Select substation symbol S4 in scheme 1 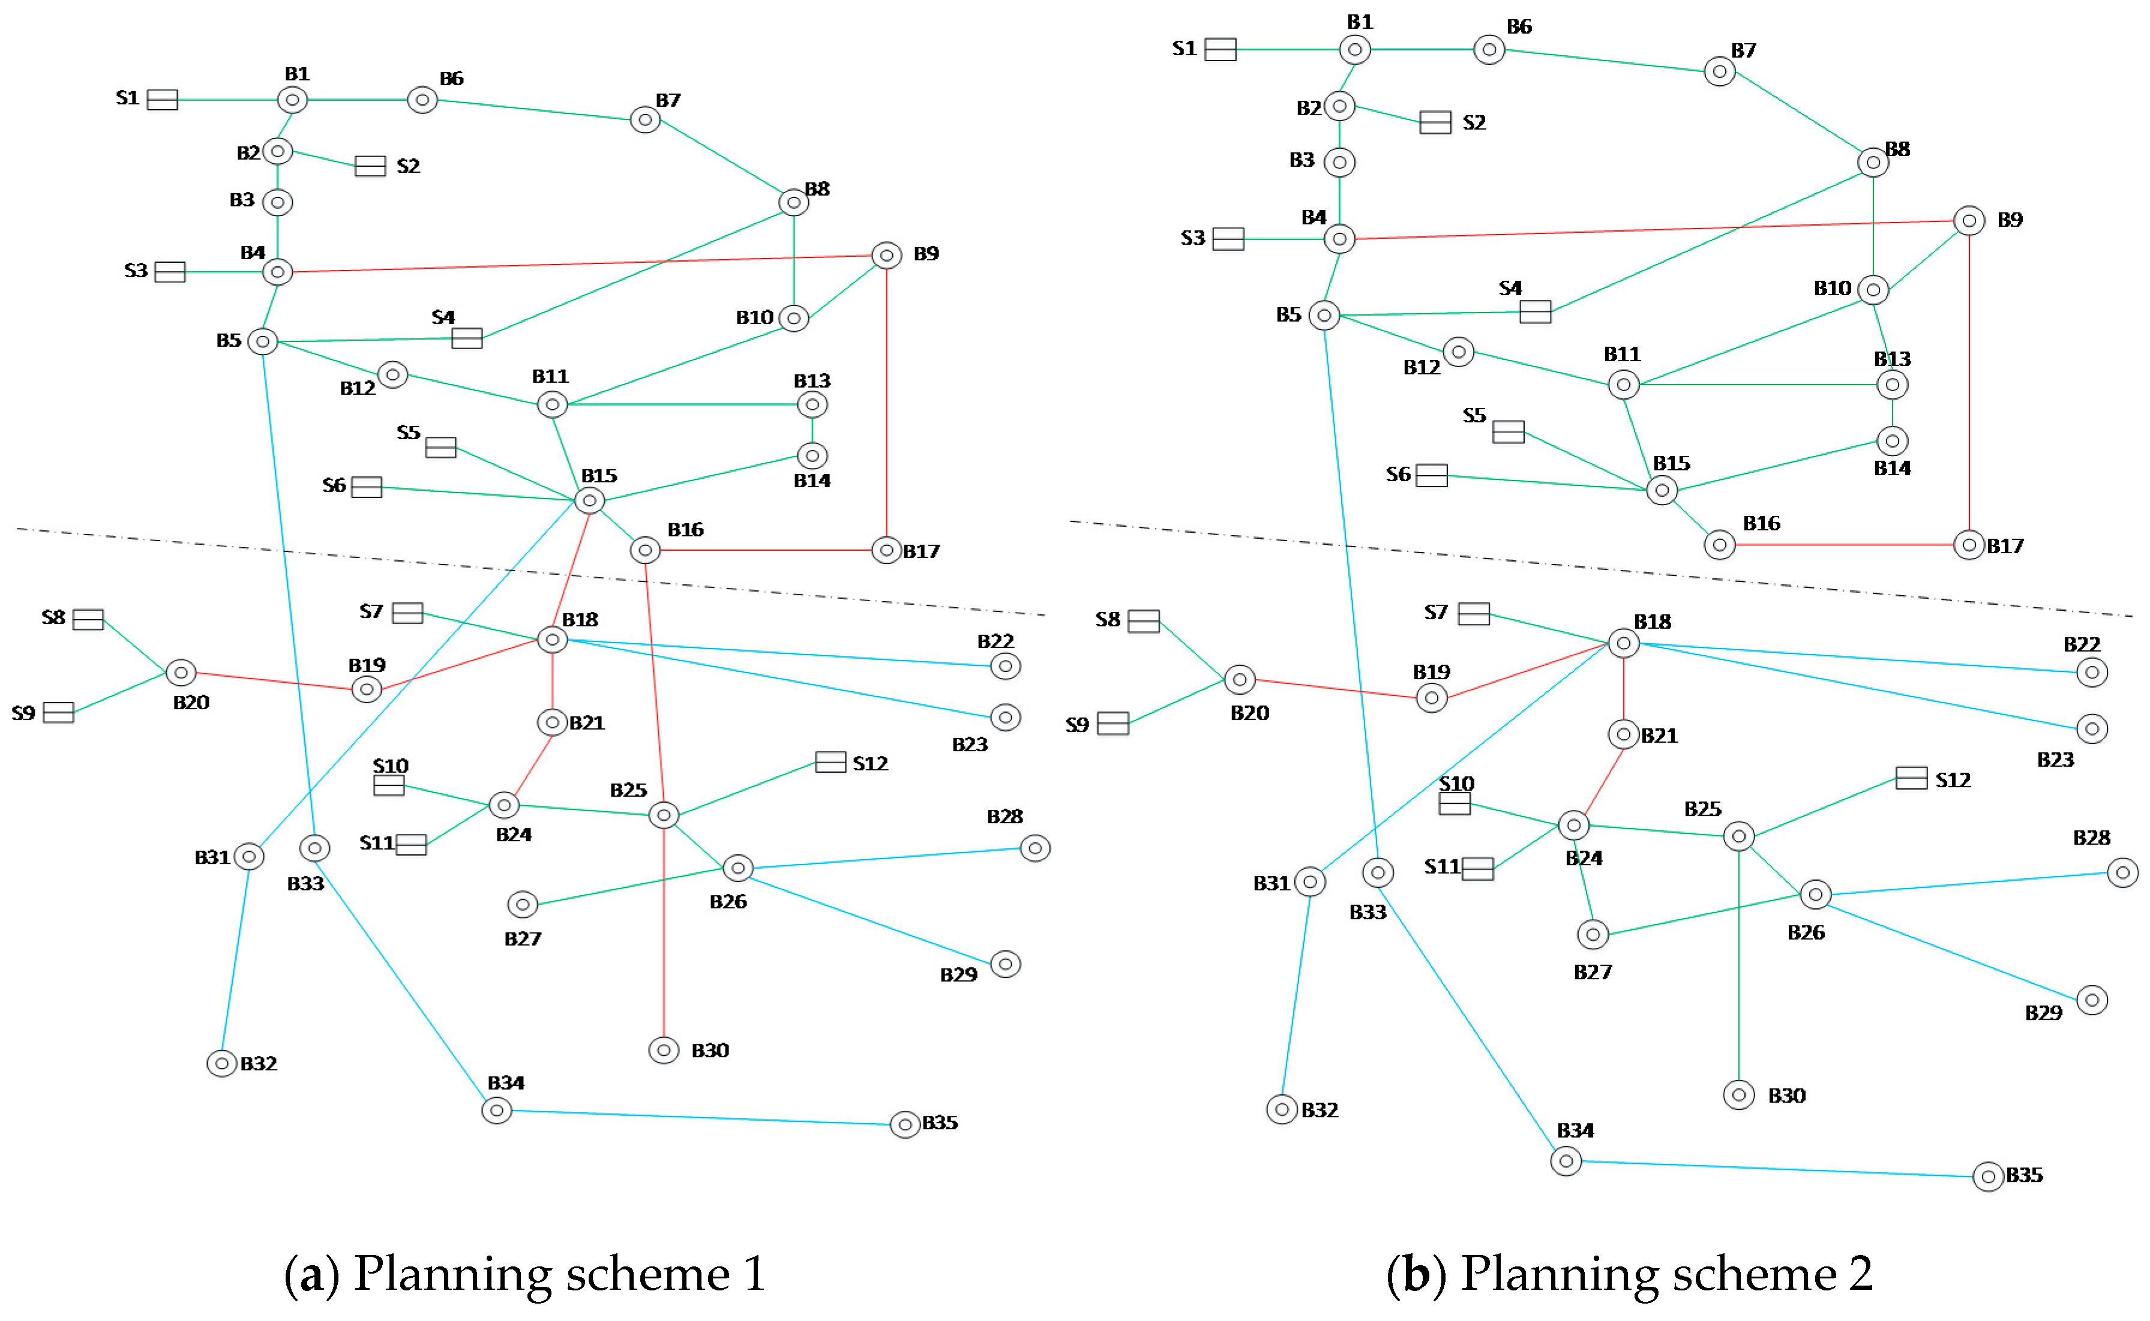point(466,338)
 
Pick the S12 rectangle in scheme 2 point(1910,777)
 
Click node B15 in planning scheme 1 point(589,500)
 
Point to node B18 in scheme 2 point(1623,643)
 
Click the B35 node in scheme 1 point(904,1124)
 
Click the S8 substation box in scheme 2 point(1143,621)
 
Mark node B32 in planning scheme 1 point(222,1063)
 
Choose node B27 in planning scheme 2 point(1592,934)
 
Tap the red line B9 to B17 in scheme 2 point(1968,385)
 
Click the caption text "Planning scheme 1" point(559,1273)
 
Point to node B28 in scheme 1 point(1034,848)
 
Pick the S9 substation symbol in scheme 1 point(59,712)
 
